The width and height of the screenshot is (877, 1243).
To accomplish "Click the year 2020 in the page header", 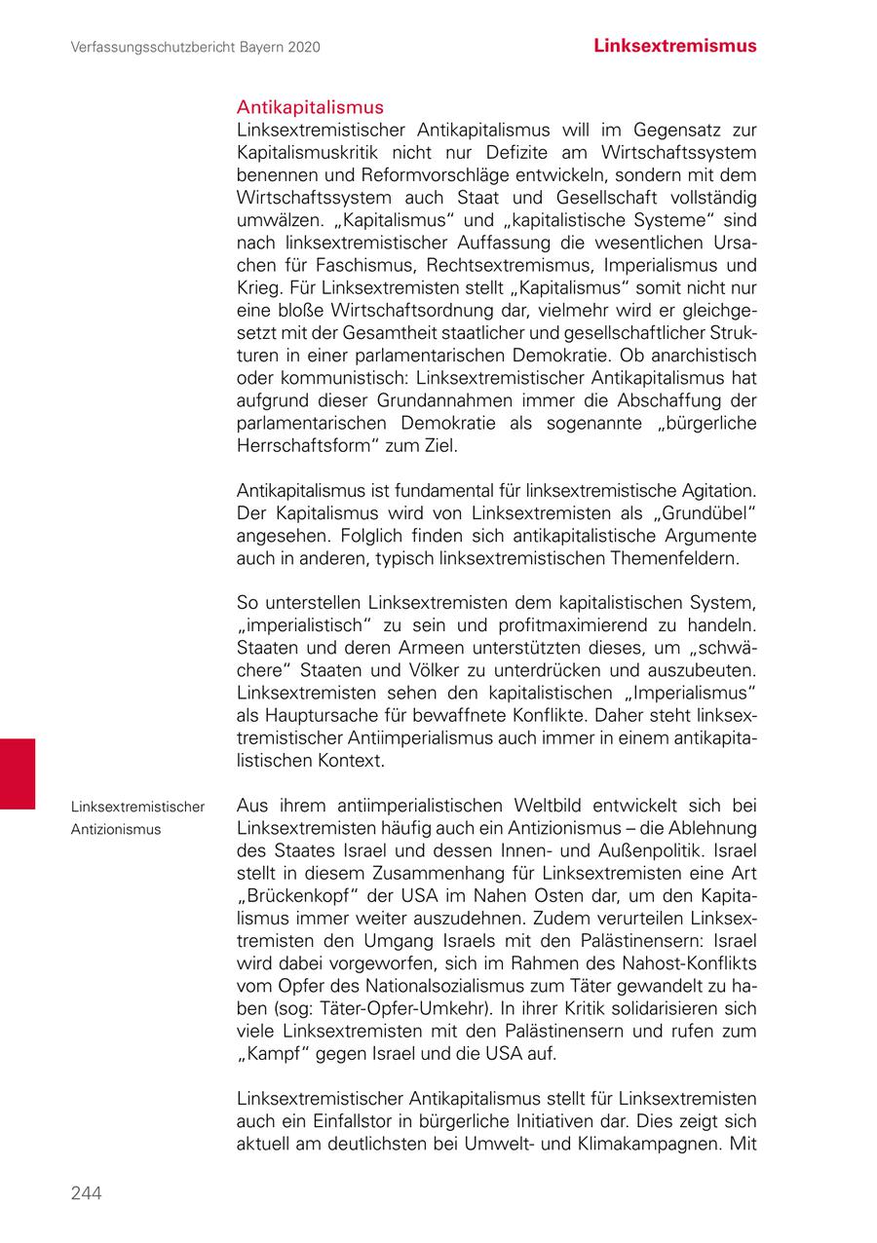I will click(305, 47).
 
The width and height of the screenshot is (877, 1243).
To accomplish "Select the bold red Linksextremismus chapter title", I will click(675, 46).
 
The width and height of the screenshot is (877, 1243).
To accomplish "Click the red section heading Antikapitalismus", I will click(310, 107).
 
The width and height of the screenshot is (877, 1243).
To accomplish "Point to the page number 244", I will click(86, 1193).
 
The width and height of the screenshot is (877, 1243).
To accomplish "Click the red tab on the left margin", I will click(18, 773).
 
